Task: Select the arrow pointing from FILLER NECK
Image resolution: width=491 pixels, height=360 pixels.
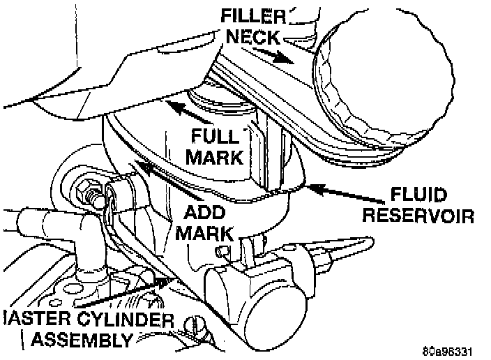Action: pos(287,57)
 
